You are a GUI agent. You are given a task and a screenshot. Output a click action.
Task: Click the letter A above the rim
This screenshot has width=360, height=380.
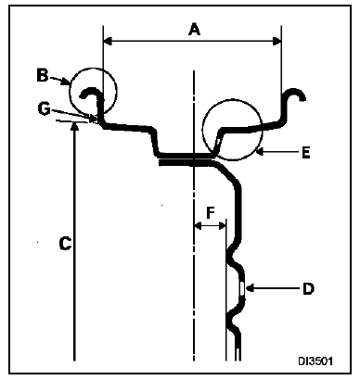[193, 29]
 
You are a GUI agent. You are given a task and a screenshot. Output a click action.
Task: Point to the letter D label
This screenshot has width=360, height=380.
[307, 288]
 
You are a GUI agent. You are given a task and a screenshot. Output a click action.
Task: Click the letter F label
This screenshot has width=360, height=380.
[211, 211]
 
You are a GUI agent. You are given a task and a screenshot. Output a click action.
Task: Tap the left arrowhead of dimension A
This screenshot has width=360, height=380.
[108, 40]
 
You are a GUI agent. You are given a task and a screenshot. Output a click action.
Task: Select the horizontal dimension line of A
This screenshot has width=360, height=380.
[148, 40]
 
